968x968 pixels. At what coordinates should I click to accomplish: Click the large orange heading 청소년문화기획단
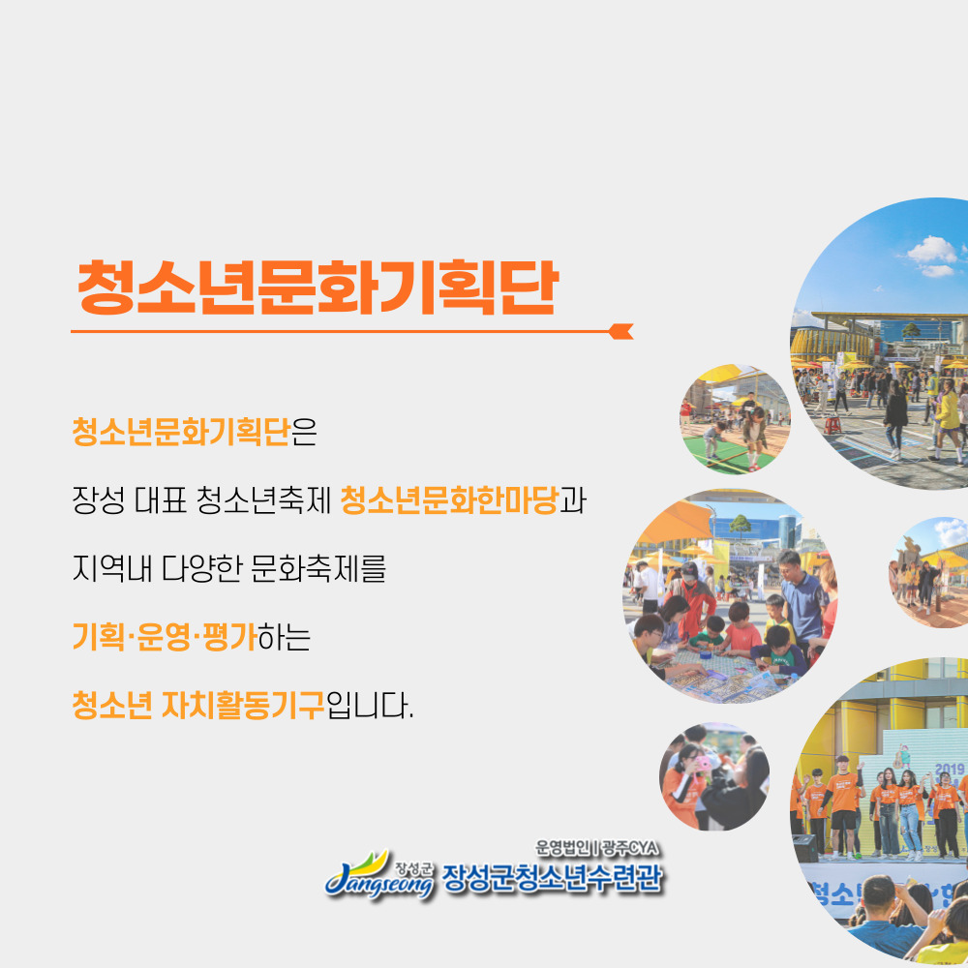click(318, 287)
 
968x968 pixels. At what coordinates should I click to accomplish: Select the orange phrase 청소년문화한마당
click(449, 500)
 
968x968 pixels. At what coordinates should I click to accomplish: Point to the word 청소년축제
click(264, 500)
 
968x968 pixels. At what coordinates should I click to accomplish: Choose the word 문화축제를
click(318, 568)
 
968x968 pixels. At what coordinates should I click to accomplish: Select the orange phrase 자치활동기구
click(243, 706)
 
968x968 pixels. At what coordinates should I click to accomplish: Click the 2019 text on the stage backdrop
click(950, 770)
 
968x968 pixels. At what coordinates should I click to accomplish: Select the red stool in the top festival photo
click(833, 425)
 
